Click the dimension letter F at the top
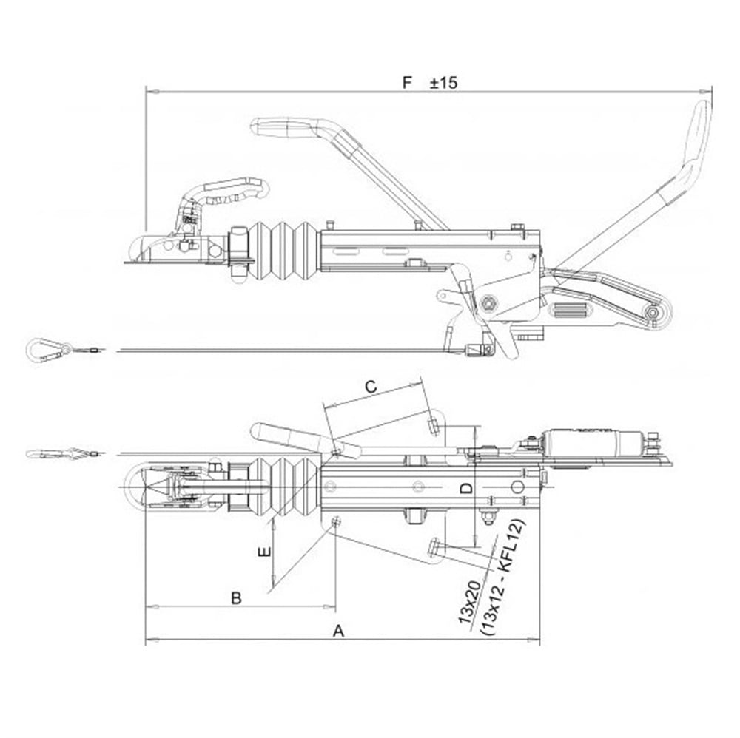[x=406, y=82]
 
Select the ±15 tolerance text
[x=444, y=82]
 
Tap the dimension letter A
[x=339, y=631]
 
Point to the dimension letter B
[x=236, y=598]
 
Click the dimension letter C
[x=371, y=385]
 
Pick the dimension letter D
[x=465, y=488]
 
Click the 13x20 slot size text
[x=471, y=603]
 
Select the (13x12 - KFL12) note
[x=501, y=578]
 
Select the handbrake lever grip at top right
[x=696, y=137]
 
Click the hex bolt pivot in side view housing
[x=488, y=303]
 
